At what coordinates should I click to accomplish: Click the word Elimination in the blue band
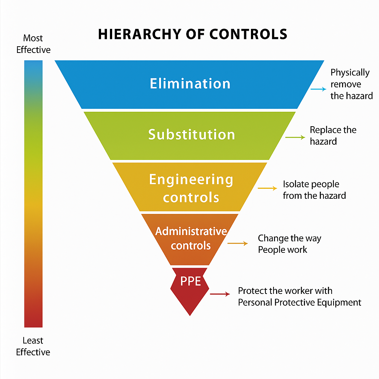point(190,83)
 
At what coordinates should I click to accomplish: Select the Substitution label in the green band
point(191,134)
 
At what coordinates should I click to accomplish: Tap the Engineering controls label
point(191,188)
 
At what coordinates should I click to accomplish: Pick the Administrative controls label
point(191,238)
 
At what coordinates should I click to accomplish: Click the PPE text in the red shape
point(190,281)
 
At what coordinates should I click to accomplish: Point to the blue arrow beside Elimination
point(318,89)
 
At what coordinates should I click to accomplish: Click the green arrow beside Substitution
point(295,137)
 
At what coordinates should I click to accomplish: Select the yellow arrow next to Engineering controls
point(267,188)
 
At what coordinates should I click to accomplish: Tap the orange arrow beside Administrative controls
point(237,243)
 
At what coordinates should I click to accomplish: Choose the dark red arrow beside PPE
point(220,294)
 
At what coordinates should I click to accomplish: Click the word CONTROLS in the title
point(248,34)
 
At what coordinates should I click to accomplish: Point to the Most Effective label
point(33,44)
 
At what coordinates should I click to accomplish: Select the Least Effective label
point(33,346)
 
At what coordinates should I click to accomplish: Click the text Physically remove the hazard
point(351,84)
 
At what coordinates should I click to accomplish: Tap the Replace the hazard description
point(333,135)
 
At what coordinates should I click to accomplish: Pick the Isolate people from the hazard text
point(314,189)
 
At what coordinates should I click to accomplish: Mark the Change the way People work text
point(289,244)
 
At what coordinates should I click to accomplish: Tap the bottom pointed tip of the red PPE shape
point(190,315)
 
